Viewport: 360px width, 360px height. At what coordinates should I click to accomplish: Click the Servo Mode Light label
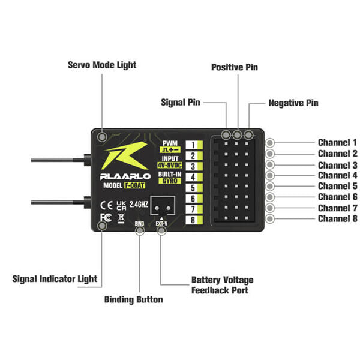click(101, 65)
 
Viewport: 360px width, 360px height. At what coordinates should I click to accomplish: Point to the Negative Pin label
click(293, 103)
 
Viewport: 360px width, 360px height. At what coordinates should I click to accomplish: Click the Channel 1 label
click(337, 143)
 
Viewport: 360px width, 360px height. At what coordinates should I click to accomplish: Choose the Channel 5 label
click(337, 186)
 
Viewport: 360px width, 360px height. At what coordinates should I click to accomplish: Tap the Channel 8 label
click(337, 218)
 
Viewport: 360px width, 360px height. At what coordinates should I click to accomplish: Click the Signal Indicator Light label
click(55, 279)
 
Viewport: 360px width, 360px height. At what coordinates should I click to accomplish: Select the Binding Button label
click(133, 299)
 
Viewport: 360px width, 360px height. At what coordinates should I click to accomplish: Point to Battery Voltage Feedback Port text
click(222, 285)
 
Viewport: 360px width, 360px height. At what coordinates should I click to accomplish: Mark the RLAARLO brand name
click(119, 176)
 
